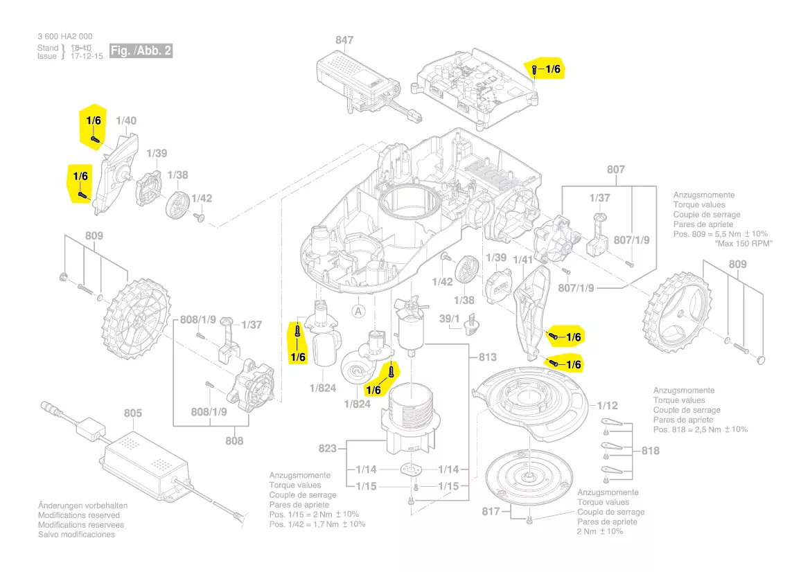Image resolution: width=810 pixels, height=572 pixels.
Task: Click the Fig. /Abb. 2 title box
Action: (140, 51)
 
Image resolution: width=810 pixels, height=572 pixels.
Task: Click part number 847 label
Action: (344, 41)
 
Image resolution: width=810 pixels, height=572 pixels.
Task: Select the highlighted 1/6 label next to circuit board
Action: (552, 69)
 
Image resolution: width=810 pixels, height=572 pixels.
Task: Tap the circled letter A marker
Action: (358, 311)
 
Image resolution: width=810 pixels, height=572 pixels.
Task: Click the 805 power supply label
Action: (132, 413)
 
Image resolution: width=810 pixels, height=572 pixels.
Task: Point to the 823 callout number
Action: (328, 449)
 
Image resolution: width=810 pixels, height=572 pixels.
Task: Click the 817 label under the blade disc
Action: (490, 512)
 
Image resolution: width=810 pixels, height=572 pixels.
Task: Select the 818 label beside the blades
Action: (650, 451)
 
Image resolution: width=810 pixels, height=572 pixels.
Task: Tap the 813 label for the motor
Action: (487, 357)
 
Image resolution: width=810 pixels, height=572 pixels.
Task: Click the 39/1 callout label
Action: (450, 318)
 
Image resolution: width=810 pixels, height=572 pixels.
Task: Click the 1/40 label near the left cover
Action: (126, 120)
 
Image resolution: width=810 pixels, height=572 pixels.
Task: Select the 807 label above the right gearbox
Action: (615, 170)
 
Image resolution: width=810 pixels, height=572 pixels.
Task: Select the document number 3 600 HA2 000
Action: (64, 37)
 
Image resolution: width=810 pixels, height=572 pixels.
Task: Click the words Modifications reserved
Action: (79, 515)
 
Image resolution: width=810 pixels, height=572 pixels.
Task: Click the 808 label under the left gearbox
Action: (234, 440)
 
